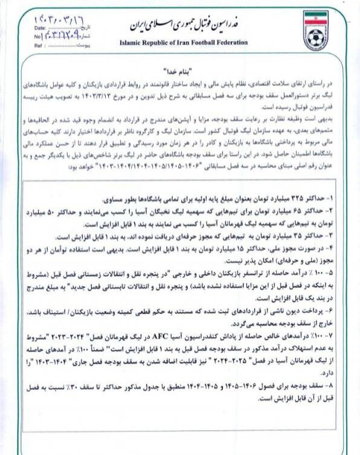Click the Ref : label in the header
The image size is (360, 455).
[40, 45]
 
